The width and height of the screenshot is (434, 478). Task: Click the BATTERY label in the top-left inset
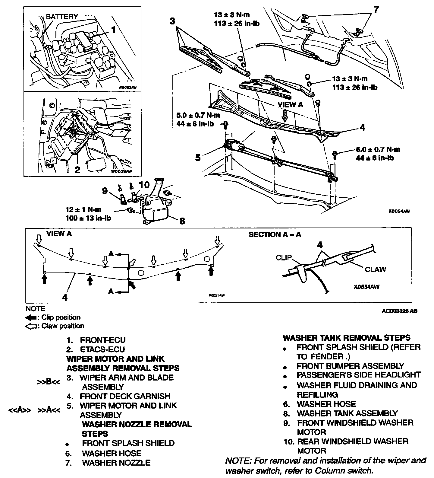tap(62, 17)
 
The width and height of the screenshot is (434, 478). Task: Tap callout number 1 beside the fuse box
tap(113, 30)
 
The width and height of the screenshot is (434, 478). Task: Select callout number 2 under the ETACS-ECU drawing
tap(77, 170)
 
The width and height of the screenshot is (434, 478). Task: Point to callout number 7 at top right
tap(376, 10)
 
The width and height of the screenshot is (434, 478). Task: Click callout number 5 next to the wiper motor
tap(198, 158)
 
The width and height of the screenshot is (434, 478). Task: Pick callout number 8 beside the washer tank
tap(182, 221)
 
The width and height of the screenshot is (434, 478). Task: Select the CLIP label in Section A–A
tap(284, 257)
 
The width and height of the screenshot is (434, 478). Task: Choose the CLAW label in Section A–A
tap(375, 269)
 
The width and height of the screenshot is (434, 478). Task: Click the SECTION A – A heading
tap(275, 234)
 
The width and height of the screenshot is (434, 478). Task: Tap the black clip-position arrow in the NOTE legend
tap(31, 317)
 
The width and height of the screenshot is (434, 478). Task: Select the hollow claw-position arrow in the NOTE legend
tap(31, 326)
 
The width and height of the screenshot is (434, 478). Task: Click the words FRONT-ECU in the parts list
tap(102, 340)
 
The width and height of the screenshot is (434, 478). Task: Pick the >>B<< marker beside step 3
tap(49, 382)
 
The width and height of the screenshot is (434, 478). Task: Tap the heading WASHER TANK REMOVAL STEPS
tap(347, 338)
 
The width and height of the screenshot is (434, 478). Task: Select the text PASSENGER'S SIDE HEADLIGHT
tap(359, 375)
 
